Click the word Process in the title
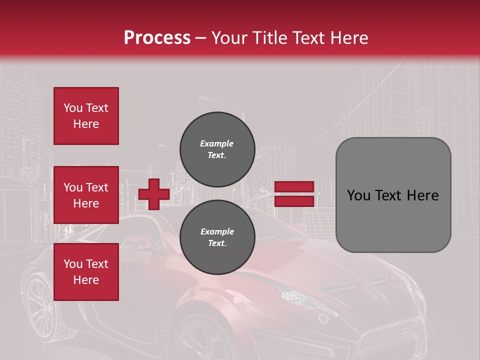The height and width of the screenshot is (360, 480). point(157,38)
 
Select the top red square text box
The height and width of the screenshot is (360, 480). point(86,116)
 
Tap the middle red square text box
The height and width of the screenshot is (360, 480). point(86,195)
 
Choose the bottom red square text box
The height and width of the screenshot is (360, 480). point(86,272)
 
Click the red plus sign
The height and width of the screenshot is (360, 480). point(154,194)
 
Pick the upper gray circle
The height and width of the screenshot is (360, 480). point(217,149)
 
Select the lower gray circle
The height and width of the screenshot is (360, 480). point(217,237)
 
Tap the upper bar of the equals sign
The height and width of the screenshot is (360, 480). point(294,186)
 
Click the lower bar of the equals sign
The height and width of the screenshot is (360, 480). point(294,201)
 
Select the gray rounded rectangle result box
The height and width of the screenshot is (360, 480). point(393,195)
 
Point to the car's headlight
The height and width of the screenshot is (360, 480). point(295,297)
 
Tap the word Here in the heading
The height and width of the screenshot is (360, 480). point(348,38)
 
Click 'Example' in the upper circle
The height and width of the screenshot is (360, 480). point(216,143)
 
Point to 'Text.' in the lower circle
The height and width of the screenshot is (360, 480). point(216,243)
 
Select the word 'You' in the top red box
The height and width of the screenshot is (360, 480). point(73,108)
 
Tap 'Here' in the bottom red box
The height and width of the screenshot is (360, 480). point(86,280)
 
